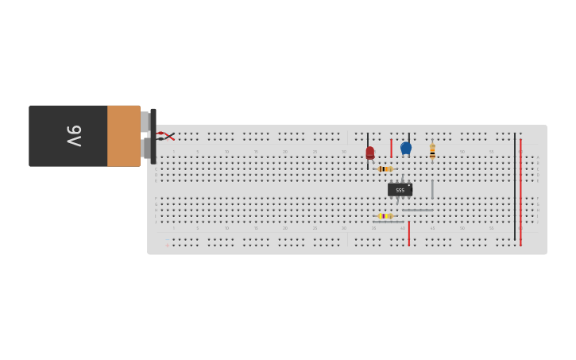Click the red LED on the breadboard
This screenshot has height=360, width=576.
[x=369, y=152]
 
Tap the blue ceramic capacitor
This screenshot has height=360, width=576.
[x=406, y=148]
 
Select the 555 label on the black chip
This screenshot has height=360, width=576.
[x=400, y=190]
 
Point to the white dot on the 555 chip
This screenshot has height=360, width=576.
[x=409, y=185]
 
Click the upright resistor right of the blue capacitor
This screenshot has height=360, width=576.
[x=432, y=151]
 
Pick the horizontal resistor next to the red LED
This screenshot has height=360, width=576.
[x=384, y=168]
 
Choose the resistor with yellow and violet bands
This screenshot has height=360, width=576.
[x=385, y=215]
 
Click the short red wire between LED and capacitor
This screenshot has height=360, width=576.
[x=391, y=148]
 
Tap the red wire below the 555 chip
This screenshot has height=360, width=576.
[x=408, y=233]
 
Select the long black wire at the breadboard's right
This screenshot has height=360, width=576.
[x=514, y=187]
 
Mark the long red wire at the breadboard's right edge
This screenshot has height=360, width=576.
[x=520, y=191]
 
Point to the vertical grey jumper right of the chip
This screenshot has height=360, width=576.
[x=432, y=189]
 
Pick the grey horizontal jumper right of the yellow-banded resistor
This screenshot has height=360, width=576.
[x=417, y=210]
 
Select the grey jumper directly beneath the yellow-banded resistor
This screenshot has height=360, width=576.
[x=388, y=222]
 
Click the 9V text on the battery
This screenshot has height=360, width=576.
[x=74, y=136]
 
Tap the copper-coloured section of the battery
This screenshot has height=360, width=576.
[x=123, y=136]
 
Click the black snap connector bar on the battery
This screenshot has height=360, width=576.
[x=153, y=136]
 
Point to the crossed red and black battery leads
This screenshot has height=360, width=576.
[x=166, y=136]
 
